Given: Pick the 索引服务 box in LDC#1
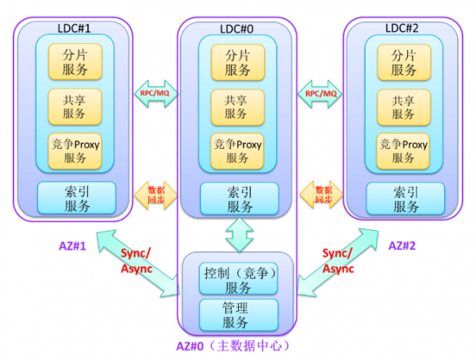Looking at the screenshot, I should pyautogui.click(x=77, y=198).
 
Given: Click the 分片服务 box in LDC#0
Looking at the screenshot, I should pyautogui.click(x=238, y=62).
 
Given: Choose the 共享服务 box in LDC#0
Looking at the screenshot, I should pyautogui.click(x=238, y=106).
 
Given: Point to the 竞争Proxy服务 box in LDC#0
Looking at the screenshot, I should pyautogui.click(x=238, y=151).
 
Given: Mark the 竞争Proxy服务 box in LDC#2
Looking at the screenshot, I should pyautogui.click(x=403, y=151).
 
